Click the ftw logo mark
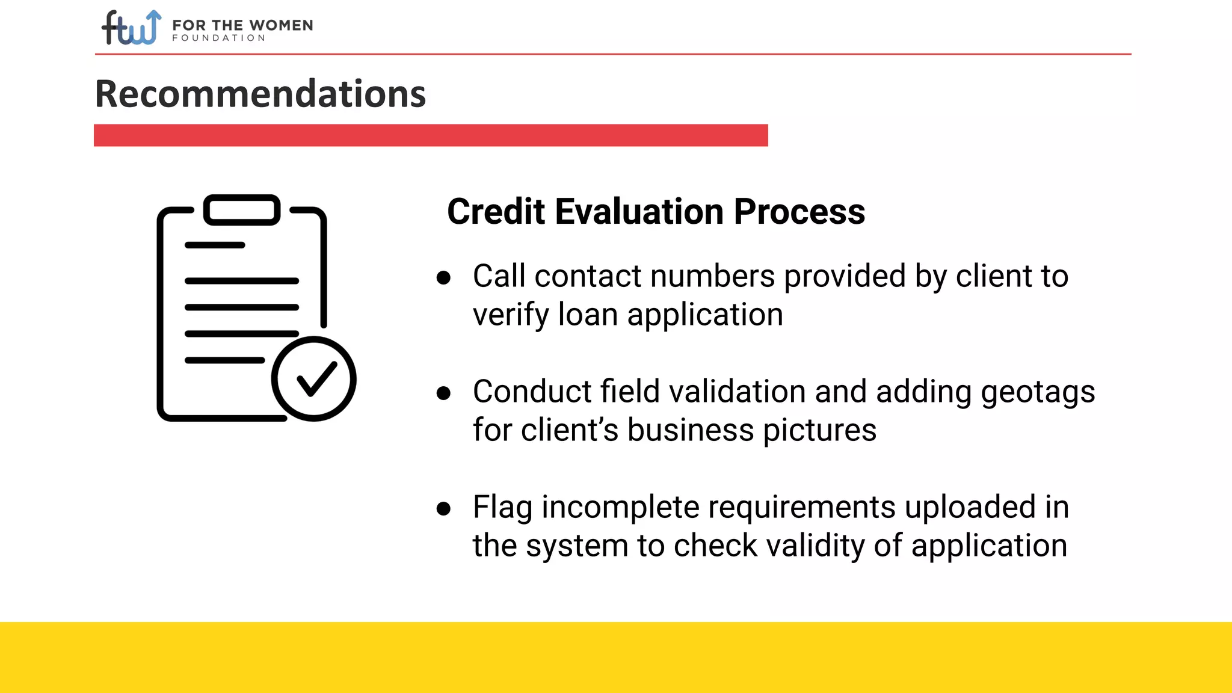tap(131, 28)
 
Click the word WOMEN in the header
tap(281, 25)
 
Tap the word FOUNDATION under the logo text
tap(218, 38)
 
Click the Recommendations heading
tap(260, 94)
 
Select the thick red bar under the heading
tap(431, 135)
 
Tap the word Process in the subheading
tap(799, 212)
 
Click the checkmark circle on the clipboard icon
tap(313, 379)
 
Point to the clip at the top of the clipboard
tap(242, 210)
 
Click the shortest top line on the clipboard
tap(215, 245)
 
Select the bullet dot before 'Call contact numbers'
tap(443, 278)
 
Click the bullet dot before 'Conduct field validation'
tap(443, 393)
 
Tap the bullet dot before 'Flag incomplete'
tap(443, 509)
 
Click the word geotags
tap(1038, 393)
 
